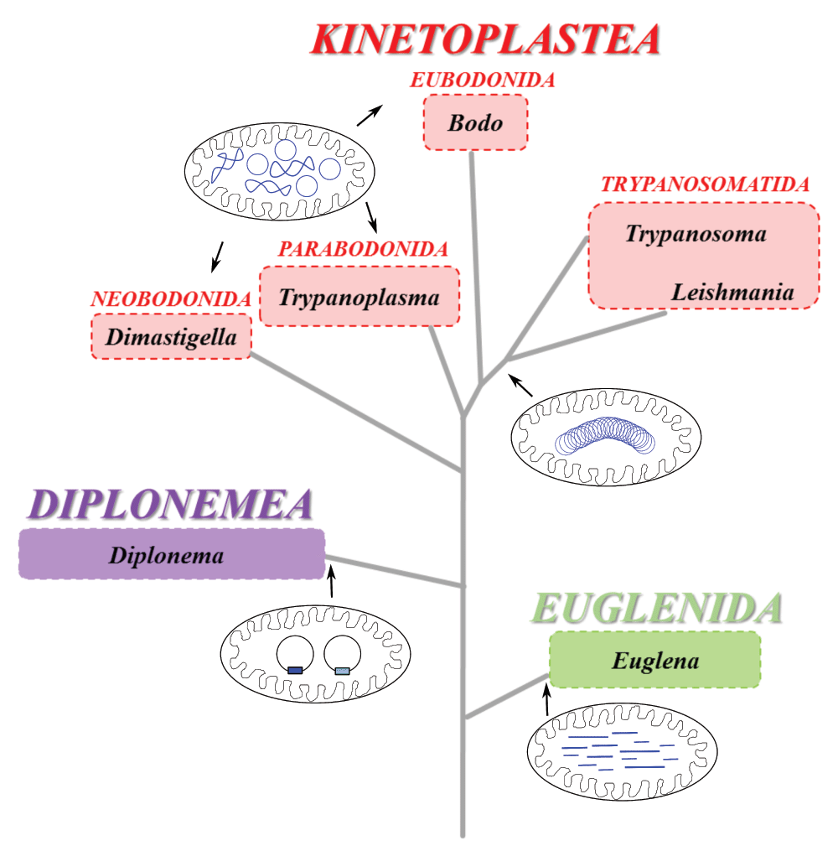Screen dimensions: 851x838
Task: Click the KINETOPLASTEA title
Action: click(x=485, y=39)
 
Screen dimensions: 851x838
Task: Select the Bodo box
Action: click(x=475, y=122)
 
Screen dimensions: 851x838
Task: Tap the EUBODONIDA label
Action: click(x=483, y=80)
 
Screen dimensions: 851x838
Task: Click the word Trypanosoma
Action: click(x=696, y=234)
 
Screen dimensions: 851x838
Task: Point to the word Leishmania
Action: click(x=732, y=293)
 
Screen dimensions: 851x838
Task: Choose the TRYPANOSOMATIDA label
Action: click(x=705, y=184)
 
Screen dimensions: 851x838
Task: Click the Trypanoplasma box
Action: click(x=360, y=296)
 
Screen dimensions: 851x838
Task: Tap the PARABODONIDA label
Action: click(x=364, y=249)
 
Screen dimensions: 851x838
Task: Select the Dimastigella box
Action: click(x=171, y=337)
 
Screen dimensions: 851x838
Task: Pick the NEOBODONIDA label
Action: click(x=171, y=298)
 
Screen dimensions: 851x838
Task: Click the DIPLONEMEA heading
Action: click(x=170, y=504)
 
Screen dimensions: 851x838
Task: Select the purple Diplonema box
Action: click(x=171, y=554)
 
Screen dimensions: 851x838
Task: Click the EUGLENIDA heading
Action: click(x=658, y=609)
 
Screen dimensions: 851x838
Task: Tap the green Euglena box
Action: click(x=654, y=660)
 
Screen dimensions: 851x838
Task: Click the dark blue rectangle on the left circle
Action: click(x=295, y=670)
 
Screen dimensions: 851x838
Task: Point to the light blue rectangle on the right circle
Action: click(x=342, y=670)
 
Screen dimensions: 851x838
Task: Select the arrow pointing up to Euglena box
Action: click(x=547, y=699)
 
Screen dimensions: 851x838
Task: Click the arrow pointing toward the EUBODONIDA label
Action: click(x=370, y=115)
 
